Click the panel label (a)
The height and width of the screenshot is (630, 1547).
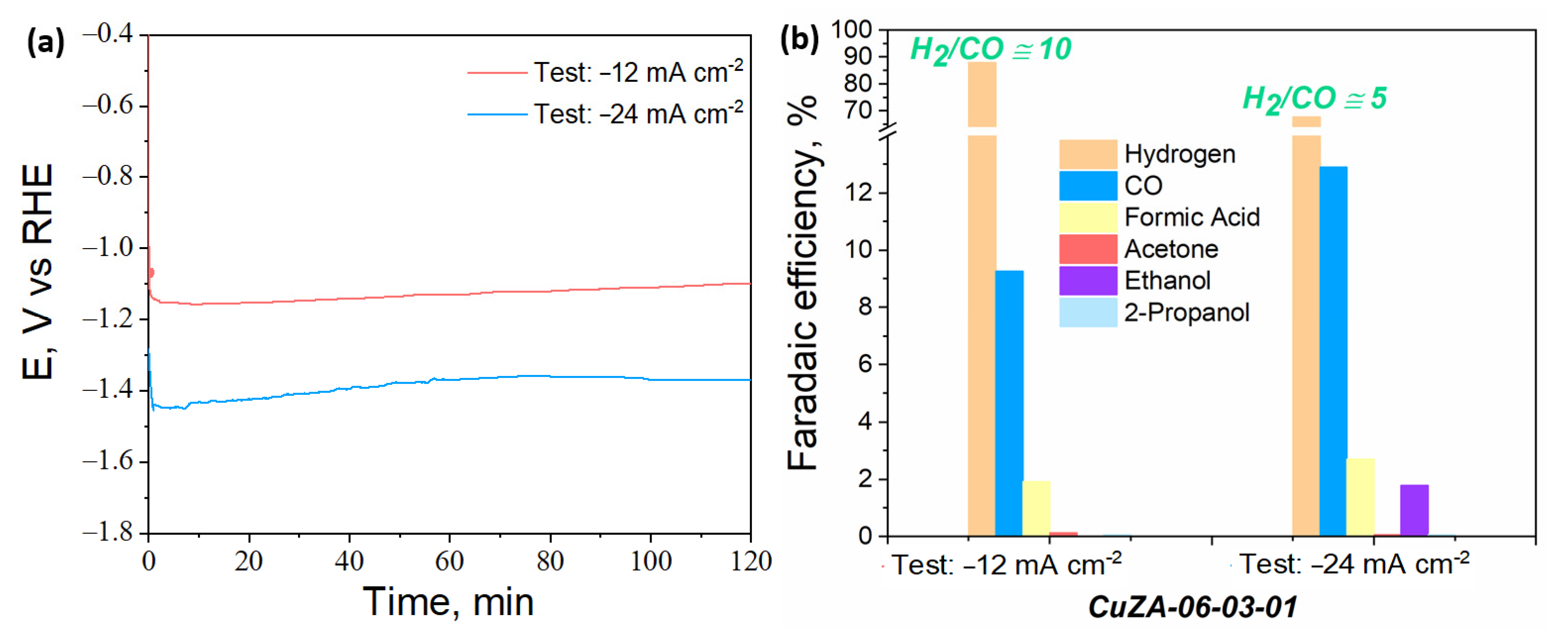46,43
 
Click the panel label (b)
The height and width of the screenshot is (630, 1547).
798,40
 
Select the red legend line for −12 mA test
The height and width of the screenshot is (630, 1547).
497,73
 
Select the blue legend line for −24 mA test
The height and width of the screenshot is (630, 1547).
497,114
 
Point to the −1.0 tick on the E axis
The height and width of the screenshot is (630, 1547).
107,248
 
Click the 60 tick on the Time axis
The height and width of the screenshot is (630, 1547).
449,562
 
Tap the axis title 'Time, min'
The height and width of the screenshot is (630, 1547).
448,602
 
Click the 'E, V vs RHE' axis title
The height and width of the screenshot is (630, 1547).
37,271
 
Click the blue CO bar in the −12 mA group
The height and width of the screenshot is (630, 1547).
1009,402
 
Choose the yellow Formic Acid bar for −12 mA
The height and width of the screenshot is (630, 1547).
1036,508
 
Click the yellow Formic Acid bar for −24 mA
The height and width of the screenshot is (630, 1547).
1360,497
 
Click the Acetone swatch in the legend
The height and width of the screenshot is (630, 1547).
1088,249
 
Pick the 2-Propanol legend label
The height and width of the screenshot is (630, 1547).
1186,313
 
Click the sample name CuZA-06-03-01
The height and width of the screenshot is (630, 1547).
1192,607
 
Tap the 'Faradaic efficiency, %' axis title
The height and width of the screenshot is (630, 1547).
803,282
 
